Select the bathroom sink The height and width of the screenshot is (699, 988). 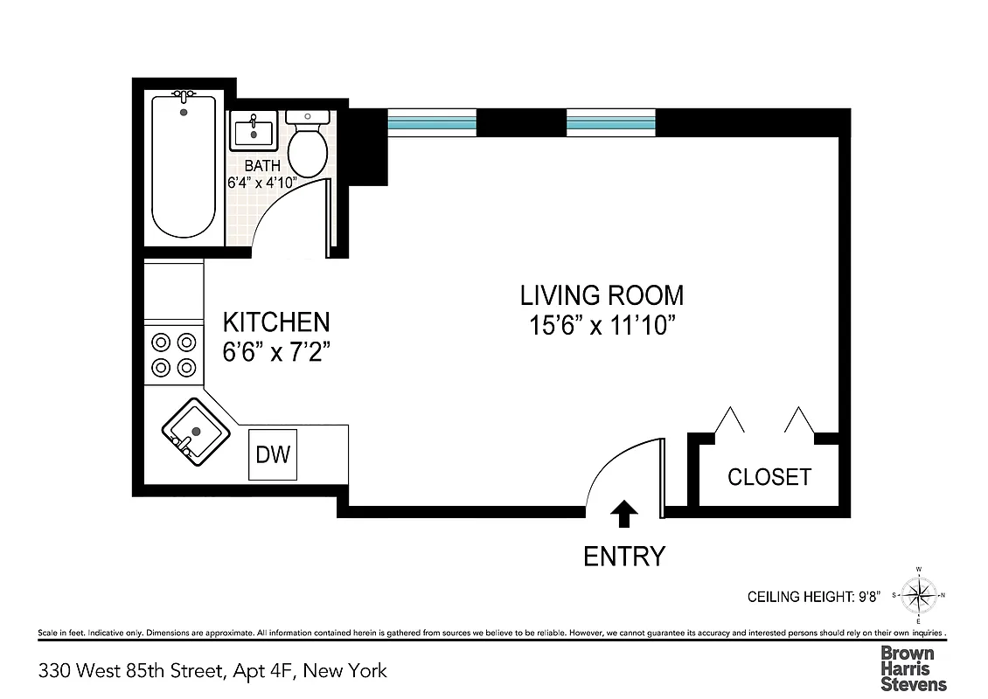254,131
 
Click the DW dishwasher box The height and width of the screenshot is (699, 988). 272,455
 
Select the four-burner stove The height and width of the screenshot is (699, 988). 173,355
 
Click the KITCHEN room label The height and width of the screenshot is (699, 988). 275,322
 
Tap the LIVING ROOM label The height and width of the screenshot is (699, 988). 602,295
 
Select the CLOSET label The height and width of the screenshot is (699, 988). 769,477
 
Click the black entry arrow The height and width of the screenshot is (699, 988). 623,514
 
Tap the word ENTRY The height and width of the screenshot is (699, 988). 624,556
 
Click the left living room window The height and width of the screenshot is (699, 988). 432,123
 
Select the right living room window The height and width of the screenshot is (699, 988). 611,123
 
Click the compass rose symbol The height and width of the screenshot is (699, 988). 919,596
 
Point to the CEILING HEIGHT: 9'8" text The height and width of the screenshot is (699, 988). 813,598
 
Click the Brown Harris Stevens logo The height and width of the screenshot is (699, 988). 913,668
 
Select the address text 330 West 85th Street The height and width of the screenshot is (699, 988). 212,671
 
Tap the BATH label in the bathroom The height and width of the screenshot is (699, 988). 262,165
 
